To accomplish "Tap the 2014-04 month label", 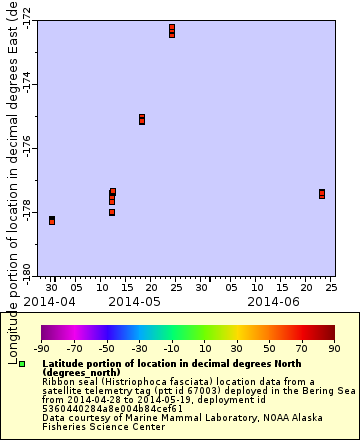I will [49, 300].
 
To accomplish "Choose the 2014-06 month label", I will [273, 300].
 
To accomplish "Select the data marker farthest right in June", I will [322, 194].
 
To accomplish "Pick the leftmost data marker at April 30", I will [52, 220].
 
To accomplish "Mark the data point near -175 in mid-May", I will [142, 119].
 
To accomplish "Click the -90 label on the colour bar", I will [42, 348].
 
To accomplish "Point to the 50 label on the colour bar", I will [270, 348].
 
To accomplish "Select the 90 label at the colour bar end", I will [335, 348].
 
